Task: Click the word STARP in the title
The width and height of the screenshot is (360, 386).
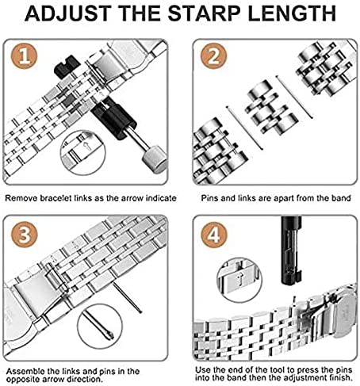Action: tap(204, 13)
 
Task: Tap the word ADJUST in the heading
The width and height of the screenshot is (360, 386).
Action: tap(68, 13)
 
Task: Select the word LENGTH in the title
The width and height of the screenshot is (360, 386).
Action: tap(292, 13)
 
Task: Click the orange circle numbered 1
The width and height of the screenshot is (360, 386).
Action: tap(24, 56)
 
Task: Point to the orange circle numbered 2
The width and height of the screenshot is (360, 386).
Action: tap(213, 56)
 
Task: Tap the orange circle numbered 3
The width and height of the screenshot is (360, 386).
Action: tap(25, 235)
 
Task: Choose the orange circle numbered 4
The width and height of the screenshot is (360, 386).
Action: tap(214, 235)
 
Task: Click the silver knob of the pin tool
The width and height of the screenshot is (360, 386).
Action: tap(155, 160)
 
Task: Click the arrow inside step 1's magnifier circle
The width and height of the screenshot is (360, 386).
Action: tap(86, 146)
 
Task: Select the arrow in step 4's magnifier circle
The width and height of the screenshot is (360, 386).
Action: tap(240, 280)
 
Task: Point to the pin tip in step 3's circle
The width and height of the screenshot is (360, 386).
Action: tap(110, 335)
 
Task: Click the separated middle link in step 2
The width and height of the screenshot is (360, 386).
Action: tap(271, 108)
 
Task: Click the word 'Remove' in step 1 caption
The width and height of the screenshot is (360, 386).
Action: tap(21, 198)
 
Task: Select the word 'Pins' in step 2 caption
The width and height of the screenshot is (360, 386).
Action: tap(209, 198)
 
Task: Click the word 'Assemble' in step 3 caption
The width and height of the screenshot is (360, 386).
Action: tap(25, 371)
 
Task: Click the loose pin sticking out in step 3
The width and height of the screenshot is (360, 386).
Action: tap(128, 297)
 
